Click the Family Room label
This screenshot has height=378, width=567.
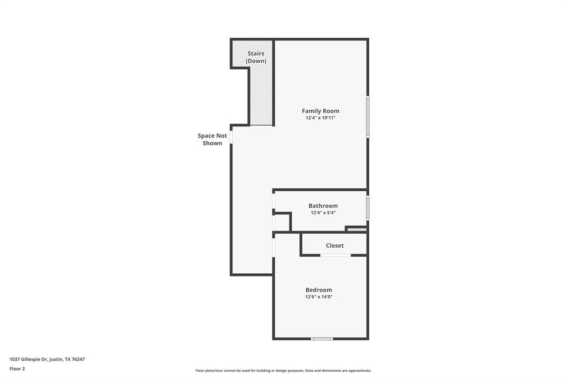[x=320, y=111]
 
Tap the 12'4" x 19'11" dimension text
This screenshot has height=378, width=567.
[x=320, y=118]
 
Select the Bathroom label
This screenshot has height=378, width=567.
[x=323, y=206]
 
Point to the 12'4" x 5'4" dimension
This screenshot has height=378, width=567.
[x=323, y=213]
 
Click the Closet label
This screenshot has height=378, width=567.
[x=334, y=246]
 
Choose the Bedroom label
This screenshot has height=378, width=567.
[x=318, y=290]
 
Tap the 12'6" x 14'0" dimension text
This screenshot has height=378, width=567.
[x=318, y=297]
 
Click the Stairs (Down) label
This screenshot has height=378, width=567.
[x=256, y=57]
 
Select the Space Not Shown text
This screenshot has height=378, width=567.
[x=212, y=139]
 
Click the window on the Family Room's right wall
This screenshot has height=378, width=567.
[x=368, y=117]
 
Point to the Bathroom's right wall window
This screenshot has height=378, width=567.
[x=368, y=208]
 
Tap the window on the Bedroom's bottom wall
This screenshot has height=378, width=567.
[x=322, y=338]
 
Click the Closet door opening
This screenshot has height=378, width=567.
[x=336, y=255]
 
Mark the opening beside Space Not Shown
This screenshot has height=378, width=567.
[x=231, y=136]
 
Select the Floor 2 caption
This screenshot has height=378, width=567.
[x=17, y=369]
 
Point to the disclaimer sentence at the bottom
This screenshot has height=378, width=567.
[x=283, y=371]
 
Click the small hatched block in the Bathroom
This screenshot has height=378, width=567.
[x=357, y=229]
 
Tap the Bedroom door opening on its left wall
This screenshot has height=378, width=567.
[x=274, y=247]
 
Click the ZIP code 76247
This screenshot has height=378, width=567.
[x=78, y=359]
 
